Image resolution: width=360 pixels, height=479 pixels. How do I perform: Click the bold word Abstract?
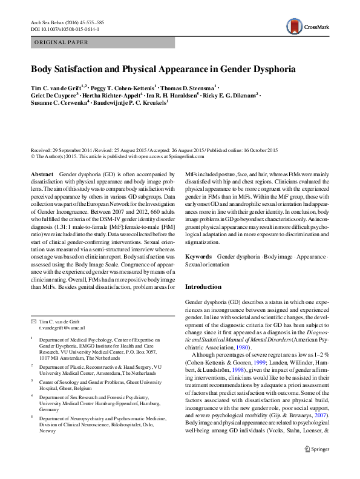coord(41,174)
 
